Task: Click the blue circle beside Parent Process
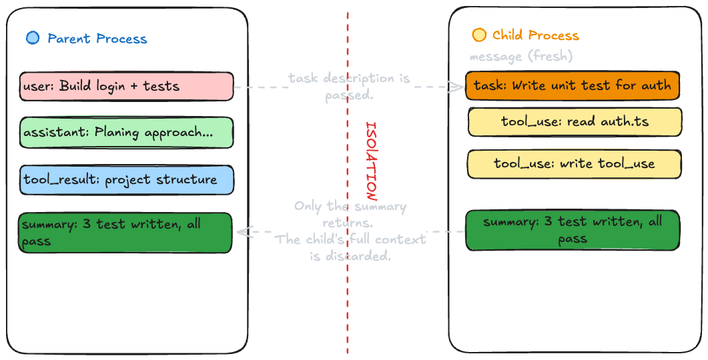[x=33, y=38]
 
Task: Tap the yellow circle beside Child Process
[x=478, y=35]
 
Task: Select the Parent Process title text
[x=97, y=39]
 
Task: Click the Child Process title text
[x=535, y=35]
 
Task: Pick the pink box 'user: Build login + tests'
[x=126, y=86]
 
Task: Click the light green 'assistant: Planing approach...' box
[x=126, y=133]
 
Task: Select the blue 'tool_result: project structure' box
[x=126, y=180]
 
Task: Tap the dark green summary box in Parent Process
[x=125, y=233]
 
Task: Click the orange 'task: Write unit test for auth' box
[x=572, y=86]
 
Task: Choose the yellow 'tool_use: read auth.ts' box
[x=575, y=122]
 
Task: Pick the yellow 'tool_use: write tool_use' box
[x=574, y=164]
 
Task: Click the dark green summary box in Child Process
[x=572, y=230]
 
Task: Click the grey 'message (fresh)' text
[x=520, y=57]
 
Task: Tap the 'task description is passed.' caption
[x=350, y=87]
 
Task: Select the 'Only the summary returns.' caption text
[x=350, y=214]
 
